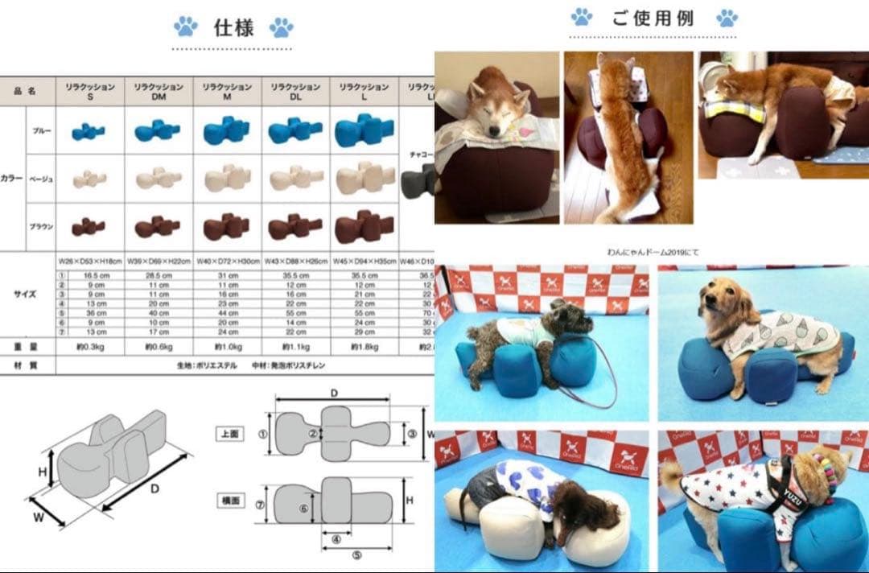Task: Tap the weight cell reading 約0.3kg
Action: pyautogui.click(x=89, y=347)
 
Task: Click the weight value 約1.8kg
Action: pyautogui.click(x=363, y=347)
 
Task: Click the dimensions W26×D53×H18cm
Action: pyautogui.click(x=89, y=262)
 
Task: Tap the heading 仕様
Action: pyautogui.click(x=233, y=28)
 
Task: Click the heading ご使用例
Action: pyautogui.click(x=653, y=19)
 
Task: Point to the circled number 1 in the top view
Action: pyautogui.click(x=262, y=432)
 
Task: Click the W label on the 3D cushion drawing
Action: pyautogui.click(x=38, y=518)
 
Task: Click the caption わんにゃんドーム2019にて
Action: pyautogui.click(x=653, y=252)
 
